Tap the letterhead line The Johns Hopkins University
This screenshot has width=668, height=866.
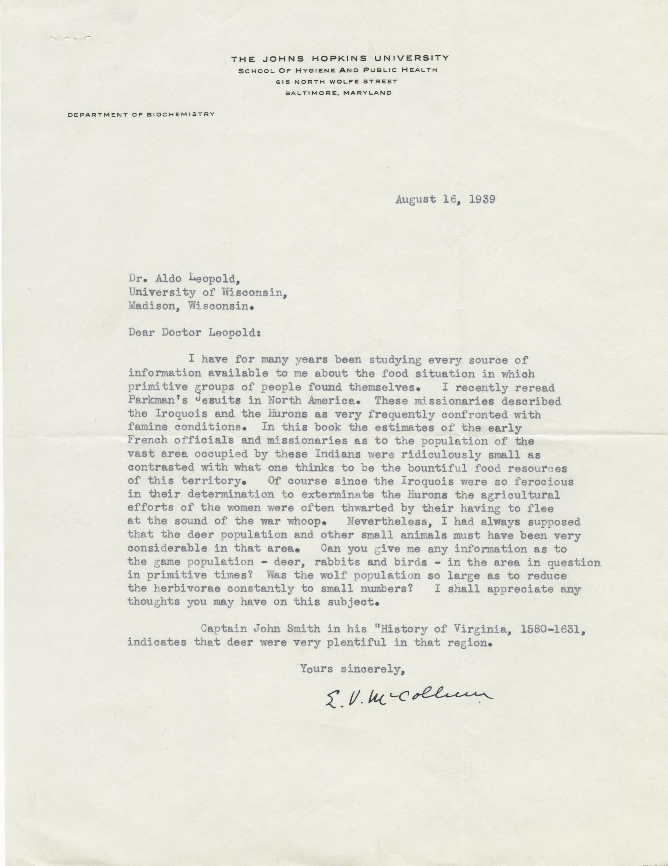[x=340, y=58]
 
